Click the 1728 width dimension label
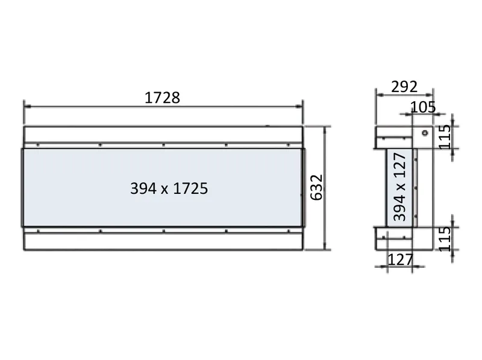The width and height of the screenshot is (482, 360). (x=162, y=98)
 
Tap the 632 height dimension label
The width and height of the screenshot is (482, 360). (x=317, y=187)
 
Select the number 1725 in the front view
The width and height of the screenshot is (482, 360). (x=190, y=188)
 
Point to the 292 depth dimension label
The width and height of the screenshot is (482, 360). (x=404, y=87)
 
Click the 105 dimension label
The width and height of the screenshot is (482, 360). (x=423, y=107)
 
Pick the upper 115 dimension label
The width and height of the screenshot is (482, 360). (x=445, y=137)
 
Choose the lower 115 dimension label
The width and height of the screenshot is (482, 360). (x=445, y=239)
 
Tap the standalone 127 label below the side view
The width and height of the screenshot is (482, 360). (x=401, y=260)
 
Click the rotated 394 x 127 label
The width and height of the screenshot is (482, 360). (x=399, y=187)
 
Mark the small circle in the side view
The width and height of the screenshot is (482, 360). (x=425, y=133)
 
